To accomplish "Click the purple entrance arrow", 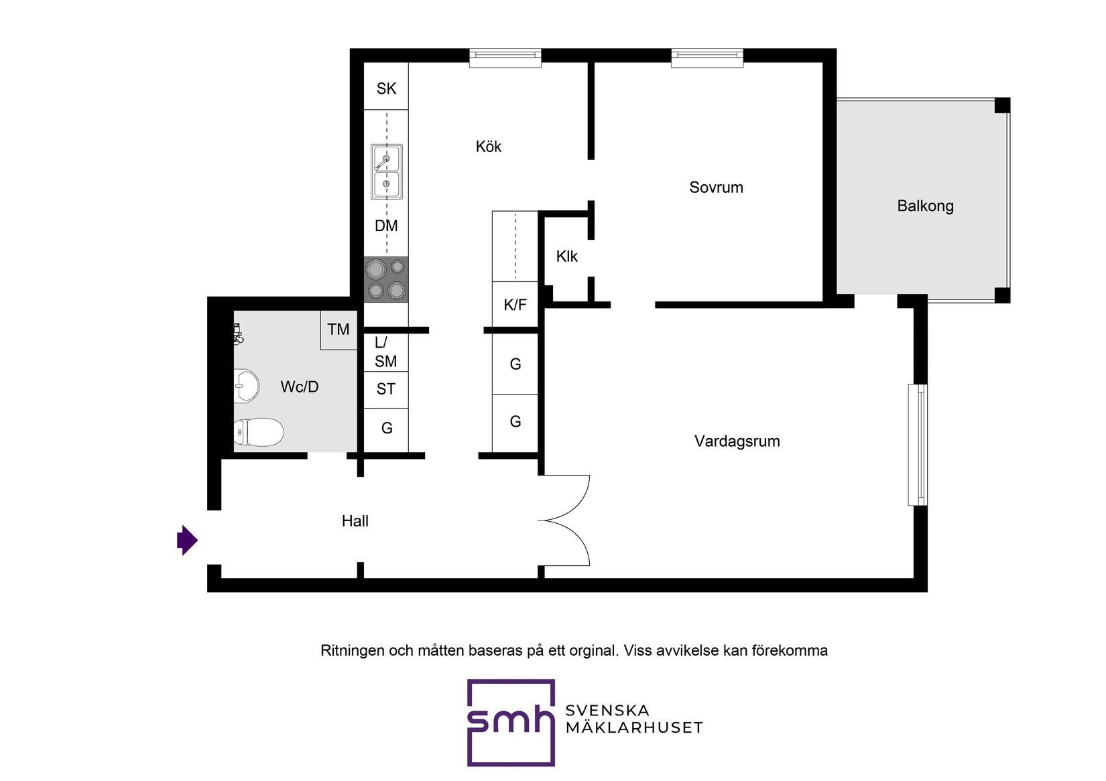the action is click(x=188, y=541).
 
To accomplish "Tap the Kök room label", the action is click(x=489, y=147).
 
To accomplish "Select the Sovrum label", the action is click(x=716, y=188).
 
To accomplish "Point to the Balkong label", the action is click(x=925, y=206).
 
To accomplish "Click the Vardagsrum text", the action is click(x=737, y=441).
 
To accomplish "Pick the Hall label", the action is click(x=355, y=521).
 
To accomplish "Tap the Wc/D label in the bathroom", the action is click(x=300, y=386).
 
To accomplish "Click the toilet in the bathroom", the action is click(x=258, y=432).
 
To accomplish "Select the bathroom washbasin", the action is click(x=246, y=386).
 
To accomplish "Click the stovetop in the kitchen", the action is click(x=386, y=279).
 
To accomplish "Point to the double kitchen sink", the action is click(x=387, y=171).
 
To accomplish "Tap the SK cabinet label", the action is click(x=386, y=89).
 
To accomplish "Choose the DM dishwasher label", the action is click(x=386, y=226).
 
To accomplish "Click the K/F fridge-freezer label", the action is click(x=515, y=305).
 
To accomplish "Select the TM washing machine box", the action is click(x=339, y=330).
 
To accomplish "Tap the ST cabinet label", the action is click(x=386, y=389).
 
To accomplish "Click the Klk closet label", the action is click(x=567, y=257).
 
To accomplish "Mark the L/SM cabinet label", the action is click(x=385, y=352).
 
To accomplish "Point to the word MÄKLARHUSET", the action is click(x=635, y=727).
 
